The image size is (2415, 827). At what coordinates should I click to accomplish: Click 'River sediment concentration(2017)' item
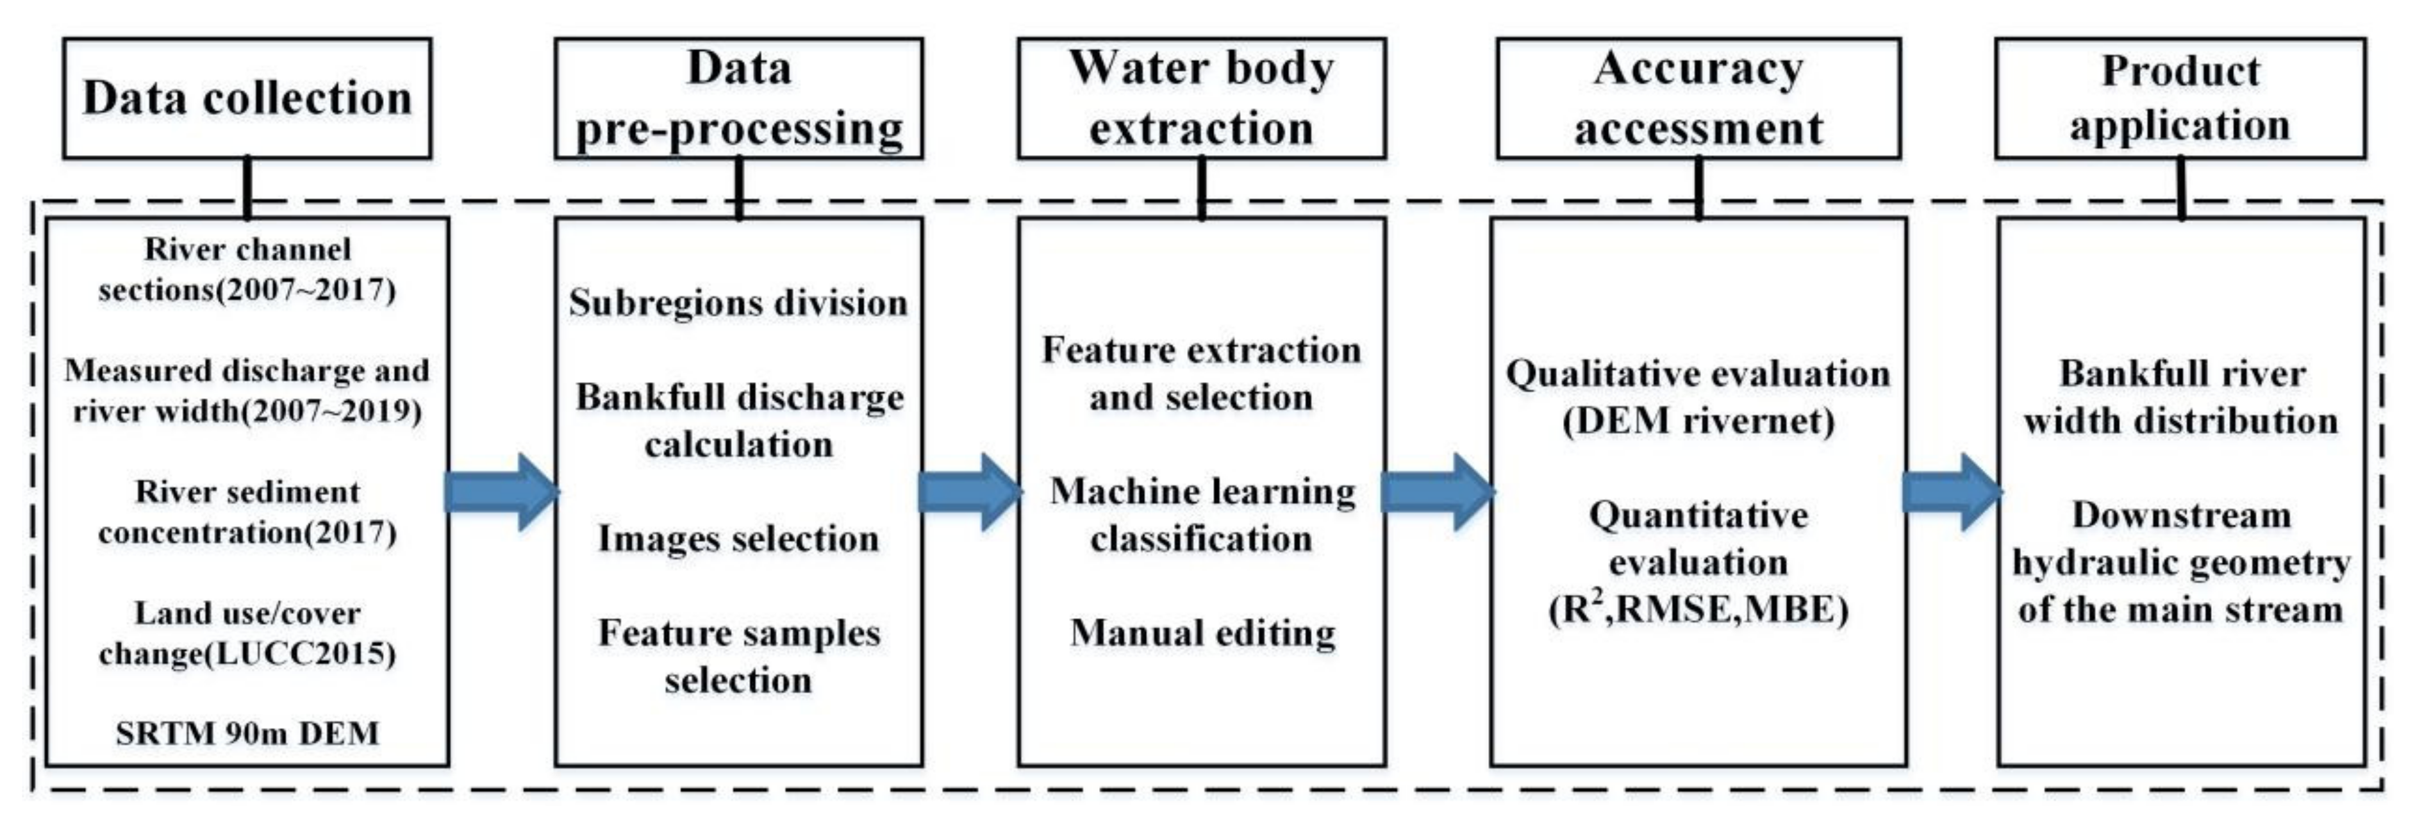pos(247,512)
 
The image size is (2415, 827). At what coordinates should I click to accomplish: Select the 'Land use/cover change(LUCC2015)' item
pos(247,633)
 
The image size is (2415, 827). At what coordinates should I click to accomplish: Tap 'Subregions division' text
pos(739,303)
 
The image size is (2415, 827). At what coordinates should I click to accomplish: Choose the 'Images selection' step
pos(739,539)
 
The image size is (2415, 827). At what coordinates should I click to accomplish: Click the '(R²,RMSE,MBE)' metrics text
pos(1698,610)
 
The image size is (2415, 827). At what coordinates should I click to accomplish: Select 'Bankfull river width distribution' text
pos(2180,397)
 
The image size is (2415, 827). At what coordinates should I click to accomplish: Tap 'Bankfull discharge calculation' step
pos(739,420)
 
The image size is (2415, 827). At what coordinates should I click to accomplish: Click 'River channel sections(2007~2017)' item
pos(247,270)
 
